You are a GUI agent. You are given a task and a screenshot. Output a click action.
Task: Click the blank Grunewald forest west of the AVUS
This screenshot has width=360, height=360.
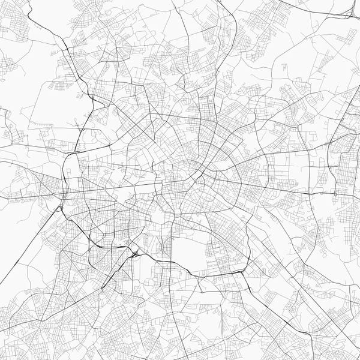click(18, 252)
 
